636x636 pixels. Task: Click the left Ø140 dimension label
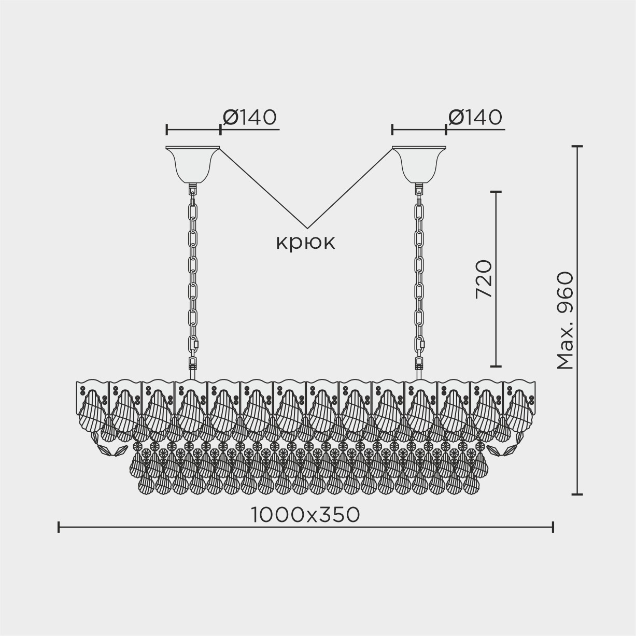click(250, 118)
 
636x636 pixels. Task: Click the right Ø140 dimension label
click(475, 118)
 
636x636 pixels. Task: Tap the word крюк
click(306, 243)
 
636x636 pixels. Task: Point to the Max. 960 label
click(565, 320)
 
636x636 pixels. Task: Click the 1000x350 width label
click(306, 515)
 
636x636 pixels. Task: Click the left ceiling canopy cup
click(193, 163)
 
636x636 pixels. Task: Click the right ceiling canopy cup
click(419, 163)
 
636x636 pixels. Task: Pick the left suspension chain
click(193, 275)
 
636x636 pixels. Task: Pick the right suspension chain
click(419, 275)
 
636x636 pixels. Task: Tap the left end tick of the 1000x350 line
click(59, 528)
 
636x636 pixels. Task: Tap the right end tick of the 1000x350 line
click(553, 528)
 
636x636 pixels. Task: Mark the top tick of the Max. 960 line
click(577, 147)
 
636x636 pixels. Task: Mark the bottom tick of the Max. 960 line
click(577, 494)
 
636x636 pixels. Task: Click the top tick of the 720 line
click(496, 192)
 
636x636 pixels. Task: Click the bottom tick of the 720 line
click(496, 366)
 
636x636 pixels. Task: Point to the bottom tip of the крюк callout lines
click(308, 228)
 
